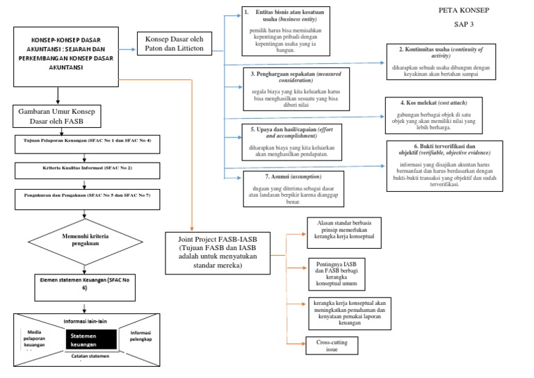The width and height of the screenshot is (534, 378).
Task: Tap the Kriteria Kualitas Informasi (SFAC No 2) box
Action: [83, 167]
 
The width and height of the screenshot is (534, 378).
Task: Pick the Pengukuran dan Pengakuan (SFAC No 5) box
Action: [83, 195]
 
